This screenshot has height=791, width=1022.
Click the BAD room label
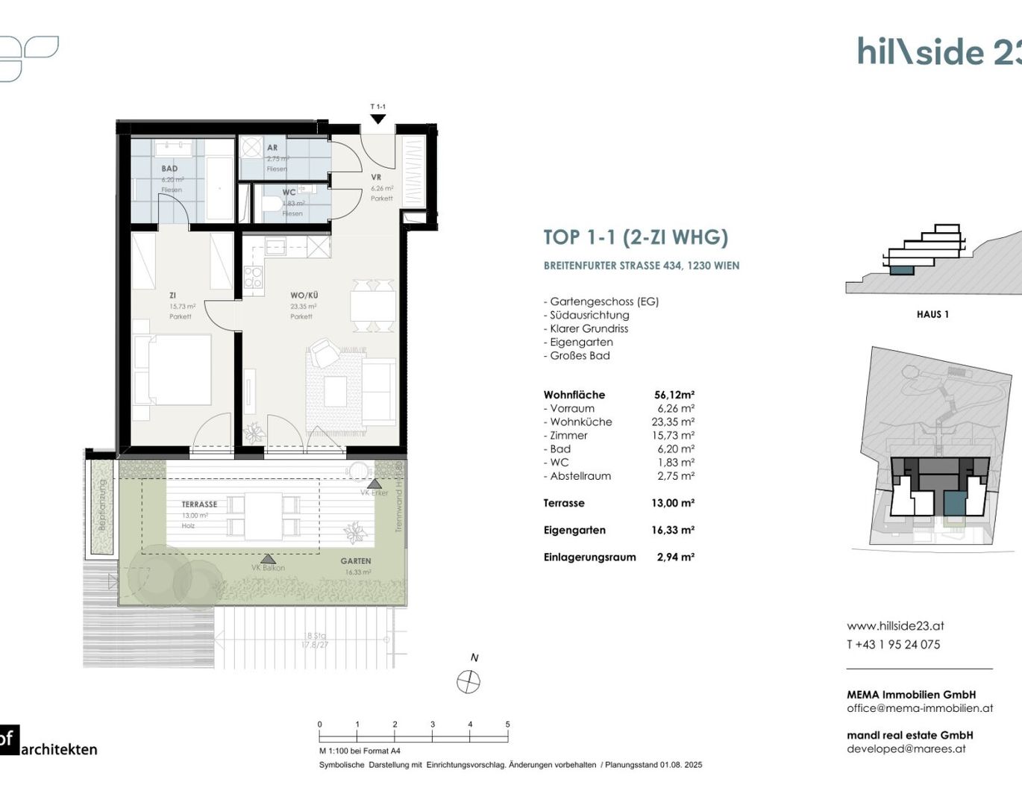[169, 169]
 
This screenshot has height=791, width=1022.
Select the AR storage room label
[272, 148]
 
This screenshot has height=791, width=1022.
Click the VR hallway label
[376, 178]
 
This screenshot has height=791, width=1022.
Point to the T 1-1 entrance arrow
[378, 118]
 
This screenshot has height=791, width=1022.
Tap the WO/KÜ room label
[304, 296]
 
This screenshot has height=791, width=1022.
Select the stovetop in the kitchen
[253, 278]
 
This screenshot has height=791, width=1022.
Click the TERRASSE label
[199, 504]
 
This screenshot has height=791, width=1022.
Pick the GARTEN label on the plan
[356, 561]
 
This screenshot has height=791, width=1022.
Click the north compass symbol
[468, 681]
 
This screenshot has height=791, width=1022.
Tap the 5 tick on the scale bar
[508, 725]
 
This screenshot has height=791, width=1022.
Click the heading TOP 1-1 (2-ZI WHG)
[636, 237]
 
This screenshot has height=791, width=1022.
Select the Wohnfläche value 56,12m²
[674, 395]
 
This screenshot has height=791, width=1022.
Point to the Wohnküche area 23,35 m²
[673, 422]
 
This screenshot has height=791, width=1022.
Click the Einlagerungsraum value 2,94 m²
[675, 557]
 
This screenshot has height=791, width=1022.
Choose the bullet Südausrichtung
[589, 315]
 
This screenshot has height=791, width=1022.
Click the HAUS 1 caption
[932, 314]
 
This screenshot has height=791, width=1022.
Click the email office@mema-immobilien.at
[920, 708]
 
